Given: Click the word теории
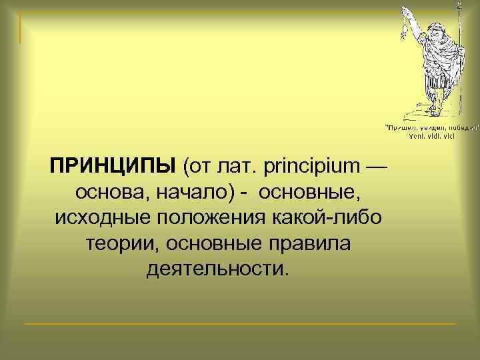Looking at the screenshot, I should [x=122, y=244].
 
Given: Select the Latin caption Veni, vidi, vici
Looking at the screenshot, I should [x=430, y=135].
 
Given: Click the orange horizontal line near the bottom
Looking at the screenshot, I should [x=240, y=323].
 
